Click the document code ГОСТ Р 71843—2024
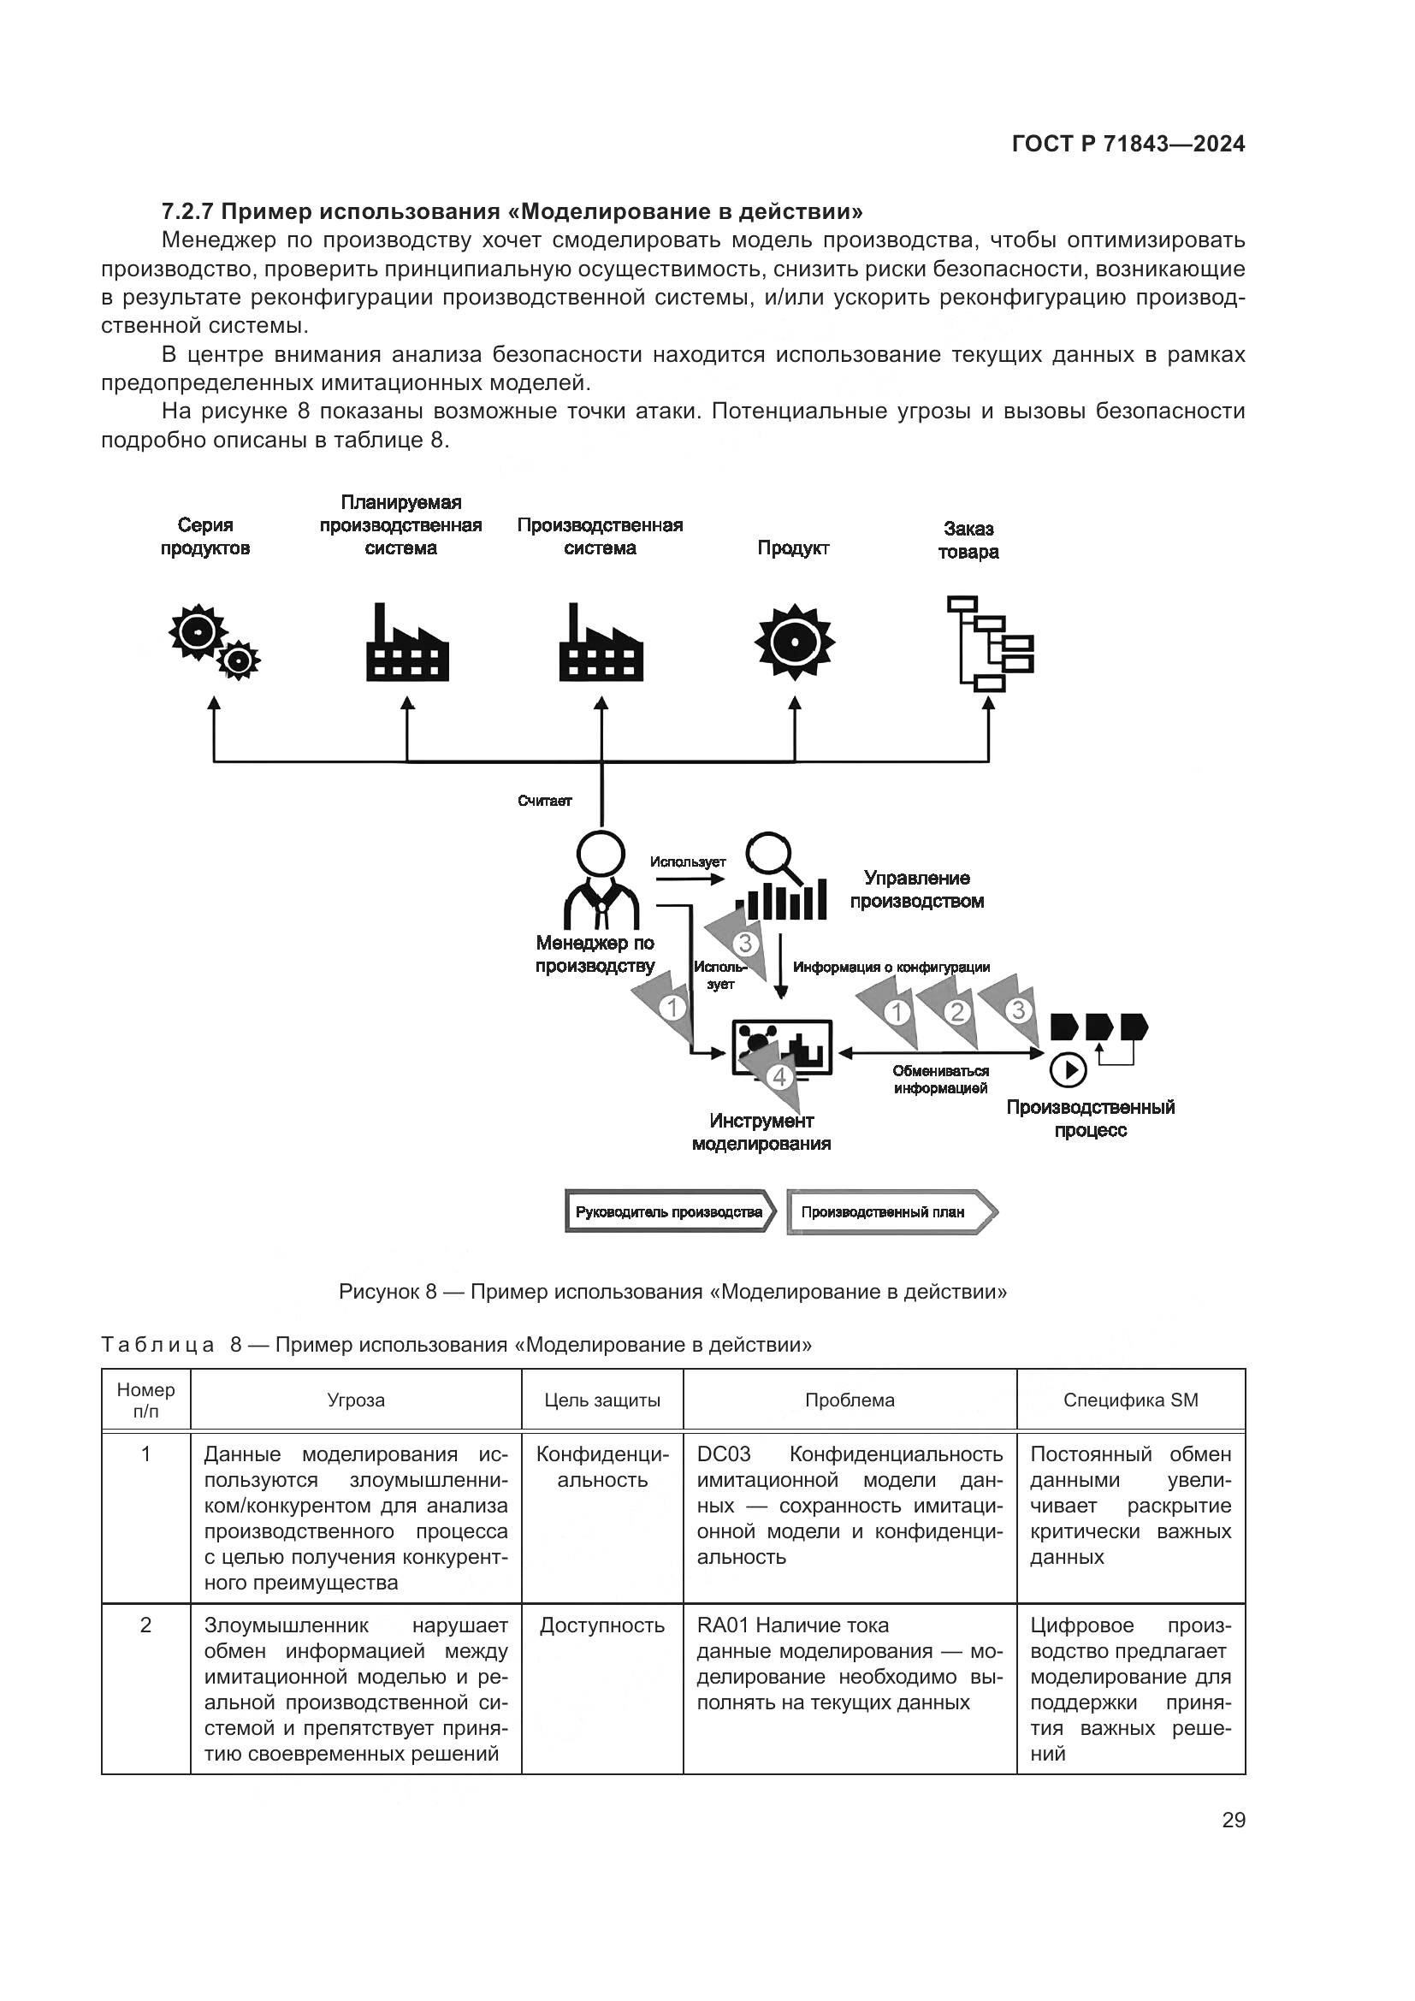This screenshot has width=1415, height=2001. [x=1128, y=145]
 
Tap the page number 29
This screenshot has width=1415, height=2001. [x=1233, y=1820]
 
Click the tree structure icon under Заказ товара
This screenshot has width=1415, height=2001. [x=989, y=643]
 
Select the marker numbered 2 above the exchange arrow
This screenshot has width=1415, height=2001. [x=956, y=1012]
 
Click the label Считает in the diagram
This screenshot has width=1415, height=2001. [x=545, y=801]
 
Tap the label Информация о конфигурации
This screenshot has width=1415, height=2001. [x=891, y=967]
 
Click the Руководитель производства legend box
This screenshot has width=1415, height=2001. [x=668, y=1212]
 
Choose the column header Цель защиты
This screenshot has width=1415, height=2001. [x=602, y=1400]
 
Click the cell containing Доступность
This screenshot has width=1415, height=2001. [x=602, y=1625]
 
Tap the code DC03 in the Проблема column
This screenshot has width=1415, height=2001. [x=723, y=1454]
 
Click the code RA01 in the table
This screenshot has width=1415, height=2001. [x=722, y=1625]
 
